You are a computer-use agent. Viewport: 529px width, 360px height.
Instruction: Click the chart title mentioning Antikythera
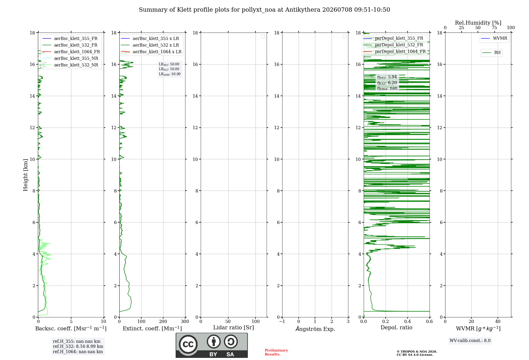tap(264, 10)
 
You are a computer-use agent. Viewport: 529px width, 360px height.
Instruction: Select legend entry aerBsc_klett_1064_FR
tap(71, 52)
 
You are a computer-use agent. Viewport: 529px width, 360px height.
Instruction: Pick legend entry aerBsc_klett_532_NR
tap(70, 65)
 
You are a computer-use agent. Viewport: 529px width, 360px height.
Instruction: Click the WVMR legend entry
tap(494, 38)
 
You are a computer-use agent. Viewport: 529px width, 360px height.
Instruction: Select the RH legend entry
tap(491, 53)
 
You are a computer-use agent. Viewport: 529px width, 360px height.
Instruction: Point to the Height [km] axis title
tap(25, 175)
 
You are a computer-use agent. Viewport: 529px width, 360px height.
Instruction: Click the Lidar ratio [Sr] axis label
tap(234, 327)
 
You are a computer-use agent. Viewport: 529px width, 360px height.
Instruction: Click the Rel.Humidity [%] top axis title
tap(478, 23)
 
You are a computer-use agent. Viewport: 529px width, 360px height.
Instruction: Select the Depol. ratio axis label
tap(396, 327)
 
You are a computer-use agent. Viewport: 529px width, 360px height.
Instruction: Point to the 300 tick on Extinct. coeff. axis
tap(185, 321)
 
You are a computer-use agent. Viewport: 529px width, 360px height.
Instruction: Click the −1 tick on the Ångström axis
tap(282, 321)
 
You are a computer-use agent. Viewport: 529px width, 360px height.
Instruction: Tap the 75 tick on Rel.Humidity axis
tap(494, 28)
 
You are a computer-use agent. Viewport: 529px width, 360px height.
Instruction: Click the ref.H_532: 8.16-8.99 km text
tap(78, 346)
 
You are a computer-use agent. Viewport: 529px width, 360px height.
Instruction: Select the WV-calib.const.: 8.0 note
tap(470, 340)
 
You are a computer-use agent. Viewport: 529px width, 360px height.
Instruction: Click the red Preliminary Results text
tap(276, 352)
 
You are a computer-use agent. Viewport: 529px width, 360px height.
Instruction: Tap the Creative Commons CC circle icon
tap(188, 344)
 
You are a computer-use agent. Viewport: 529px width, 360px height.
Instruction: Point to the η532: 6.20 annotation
tap(387, 83)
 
